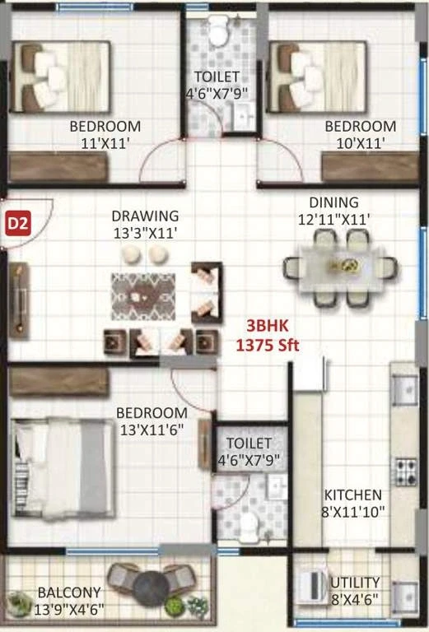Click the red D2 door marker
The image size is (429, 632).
coord(18,223)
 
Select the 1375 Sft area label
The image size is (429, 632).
coord(268,345)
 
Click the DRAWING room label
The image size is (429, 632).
coord(145,216)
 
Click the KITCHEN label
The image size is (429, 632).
coord(353,495)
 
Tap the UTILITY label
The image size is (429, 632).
coord(355,583)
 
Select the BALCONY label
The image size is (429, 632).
coord(69,592)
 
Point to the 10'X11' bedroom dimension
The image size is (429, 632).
coord(361,143)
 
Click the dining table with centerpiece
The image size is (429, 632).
coord(341,267)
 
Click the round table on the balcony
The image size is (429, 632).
coord(152,588)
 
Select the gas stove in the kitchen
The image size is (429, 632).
coord(406,472)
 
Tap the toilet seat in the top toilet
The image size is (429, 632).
coord(217,31)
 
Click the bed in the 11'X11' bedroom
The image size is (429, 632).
coord(60,77)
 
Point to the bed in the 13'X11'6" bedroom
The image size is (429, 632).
coord(63,468)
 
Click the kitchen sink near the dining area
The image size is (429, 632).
coord(404,390)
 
